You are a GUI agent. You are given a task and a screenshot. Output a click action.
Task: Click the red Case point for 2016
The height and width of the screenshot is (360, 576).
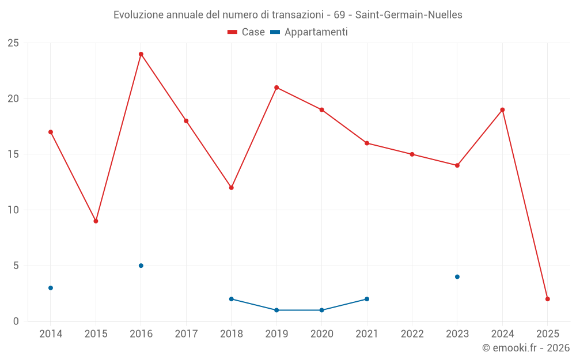(x=141, y=54)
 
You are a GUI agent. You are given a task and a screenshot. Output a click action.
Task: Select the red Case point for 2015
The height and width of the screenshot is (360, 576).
(x=96, y=221)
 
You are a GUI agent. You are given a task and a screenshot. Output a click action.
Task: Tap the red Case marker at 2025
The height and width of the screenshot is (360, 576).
(x=548, y=299)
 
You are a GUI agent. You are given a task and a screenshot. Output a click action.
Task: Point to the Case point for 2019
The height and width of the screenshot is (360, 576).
(x=276, y=88)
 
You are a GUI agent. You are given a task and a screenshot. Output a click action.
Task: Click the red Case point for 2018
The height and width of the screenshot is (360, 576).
(x=232, y=188)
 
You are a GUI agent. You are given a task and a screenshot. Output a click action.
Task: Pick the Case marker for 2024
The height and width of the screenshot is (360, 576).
(x=502, y=110)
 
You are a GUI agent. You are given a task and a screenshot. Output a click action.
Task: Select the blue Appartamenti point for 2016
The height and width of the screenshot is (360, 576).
(x=141, y=266)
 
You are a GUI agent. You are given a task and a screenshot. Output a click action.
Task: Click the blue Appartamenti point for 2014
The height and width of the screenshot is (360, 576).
(x=51, y=288)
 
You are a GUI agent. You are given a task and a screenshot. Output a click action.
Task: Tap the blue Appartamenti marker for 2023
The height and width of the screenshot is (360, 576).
(x=457, y=277)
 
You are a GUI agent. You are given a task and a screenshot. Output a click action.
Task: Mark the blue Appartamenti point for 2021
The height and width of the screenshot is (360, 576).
(x=367, y=299)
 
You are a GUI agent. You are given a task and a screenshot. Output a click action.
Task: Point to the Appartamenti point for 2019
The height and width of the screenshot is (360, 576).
(x=276, y=310)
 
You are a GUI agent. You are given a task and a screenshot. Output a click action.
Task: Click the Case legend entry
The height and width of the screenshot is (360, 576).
(x=247, y=32)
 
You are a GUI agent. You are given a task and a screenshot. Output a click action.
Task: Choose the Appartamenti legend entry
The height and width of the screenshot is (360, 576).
(x=309, y=32)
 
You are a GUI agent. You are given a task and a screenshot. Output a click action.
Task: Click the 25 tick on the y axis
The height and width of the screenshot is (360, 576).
(x=13, y=43)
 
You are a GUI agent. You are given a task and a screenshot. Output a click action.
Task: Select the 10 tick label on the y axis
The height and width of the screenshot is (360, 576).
(x=13, y=210)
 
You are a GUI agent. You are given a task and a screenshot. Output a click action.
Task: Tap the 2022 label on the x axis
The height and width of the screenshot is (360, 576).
(x=412, y=334)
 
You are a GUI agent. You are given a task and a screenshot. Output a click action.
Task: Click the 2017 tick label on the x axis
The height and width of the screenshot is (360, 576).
(x=186, y=334)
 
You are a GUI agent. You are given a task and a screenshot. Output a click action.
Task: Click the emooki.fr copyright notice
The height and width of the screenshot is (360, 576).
(x=525, y=348)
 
